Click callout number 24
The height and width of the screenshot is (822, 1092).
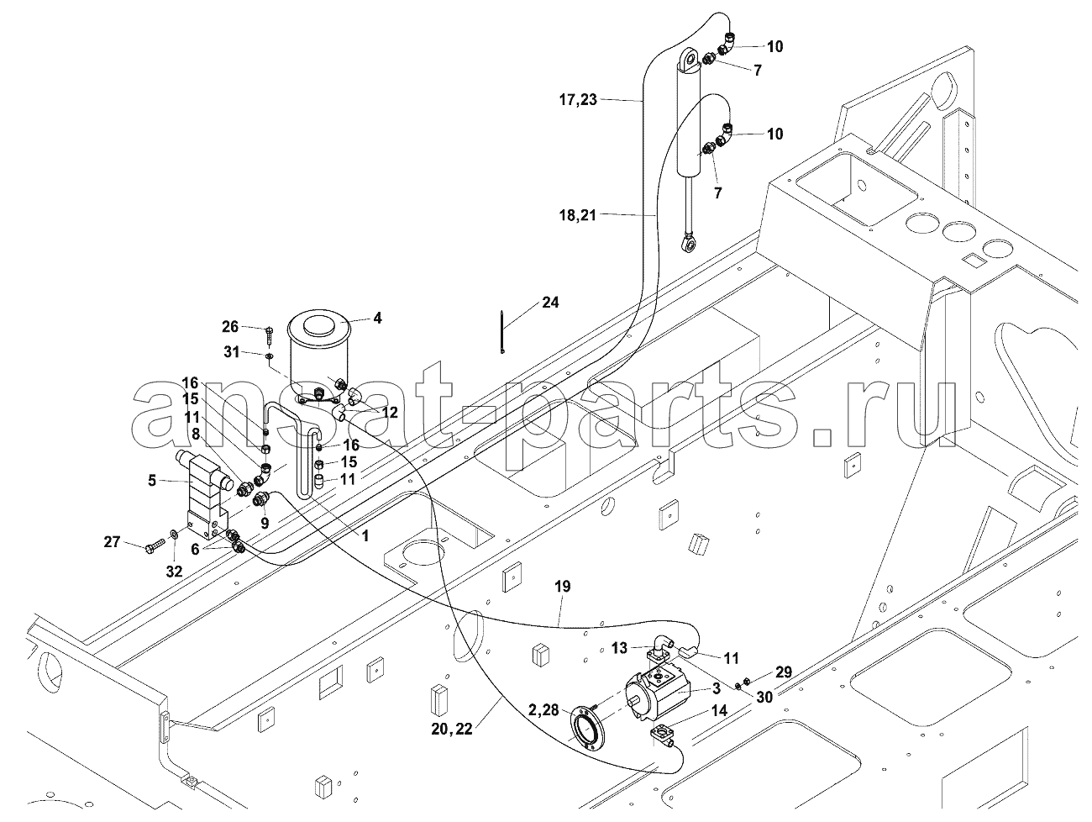550,302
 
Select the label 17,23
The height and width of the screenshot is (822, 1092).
578,100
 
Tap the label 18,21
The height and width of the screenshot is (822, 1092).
578,216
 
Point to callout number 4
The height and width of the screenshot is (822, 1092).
378,318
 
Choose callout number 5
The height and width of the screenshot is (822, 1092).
152,481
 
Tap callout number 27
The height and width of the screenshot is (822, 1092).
112,541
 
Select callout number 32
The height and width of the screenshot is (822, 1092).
174,572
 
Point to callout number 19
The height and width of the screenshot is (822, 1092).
562,587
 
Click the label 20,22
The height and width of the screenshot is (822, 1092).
452,729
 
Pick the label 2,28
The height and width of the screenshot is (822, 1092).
543,711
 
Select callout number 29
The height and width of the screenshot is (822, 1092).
784,672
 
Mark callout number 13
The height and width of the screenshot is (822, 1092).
619,648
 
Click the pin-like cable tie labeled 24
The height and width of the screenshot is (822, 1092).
502,331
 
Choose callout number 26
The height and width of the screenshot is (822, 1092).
230,326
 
